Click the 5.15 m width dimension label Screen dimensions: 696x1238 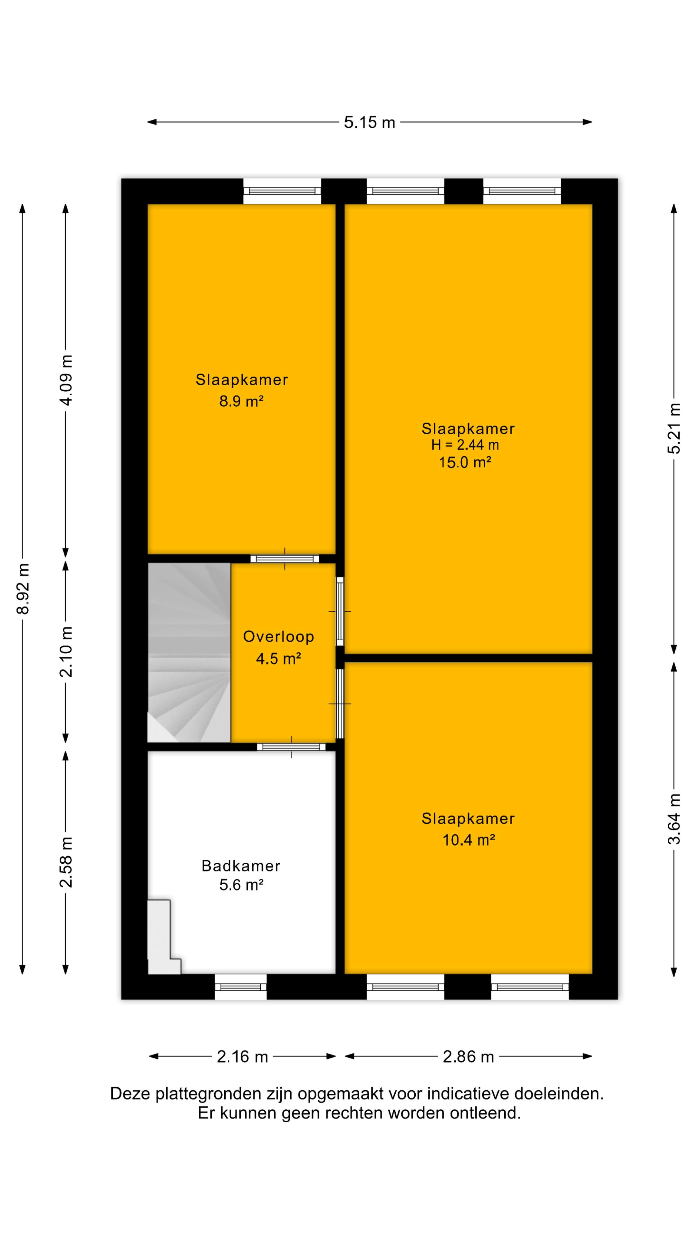click(369, 123)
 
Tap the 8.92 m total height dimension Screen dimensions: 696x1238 click(23, 589)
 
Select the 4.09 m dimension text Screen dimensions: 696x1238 click(66, 380)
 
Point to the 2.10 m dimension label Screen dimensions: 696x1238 click(66, 652)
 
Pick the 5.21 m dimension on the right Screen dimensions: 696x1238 click(674, 428)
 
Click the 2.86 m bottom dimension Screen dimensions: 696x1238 click(468, 1057)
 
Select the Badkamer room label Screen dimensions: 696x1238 click(241, 866)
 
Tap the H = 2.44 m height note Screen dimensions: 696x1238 click(465, 445)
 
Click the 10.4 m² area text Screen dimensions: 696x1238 click(468, 840)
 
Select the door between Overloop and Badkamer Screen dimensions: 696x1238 click(291, 747)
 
